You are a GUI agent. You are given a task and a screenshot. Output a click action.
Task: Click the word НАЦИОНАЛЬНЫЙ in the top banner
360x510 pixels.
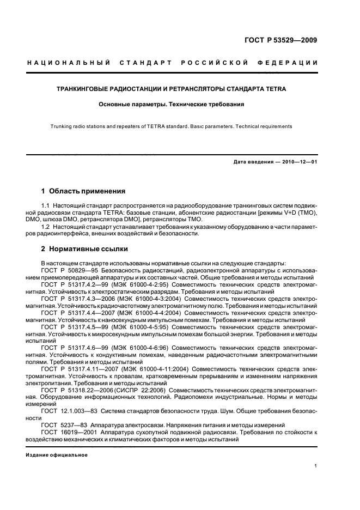(69, 63)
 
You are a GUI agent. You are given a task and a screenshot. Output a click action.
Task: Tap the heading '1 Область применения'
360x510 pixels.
(83, 191)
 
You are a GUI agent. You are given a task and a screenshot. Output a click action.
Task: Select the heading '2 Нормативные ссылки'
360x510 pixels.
(84, 249)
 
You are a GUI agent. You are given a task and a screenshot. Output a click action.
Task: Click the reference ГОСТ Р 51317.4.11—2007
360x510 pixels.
(79, 369)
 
